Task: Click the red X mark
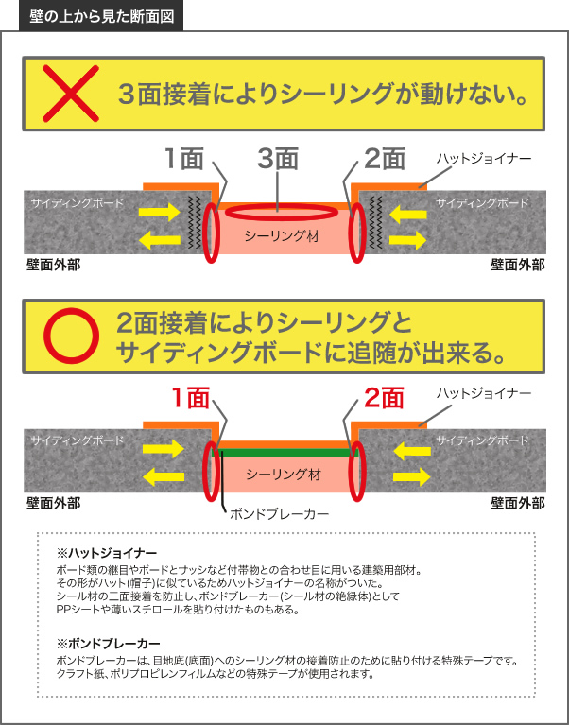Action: tap(71, 94)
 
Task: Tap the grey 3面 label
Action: tap(278, 159)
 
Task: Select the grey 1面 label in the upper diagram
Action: tap(184, 159)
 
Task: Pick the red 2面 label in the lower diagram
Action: tap(384, 398)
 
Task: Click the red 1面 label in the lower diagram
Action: tap(190, 398)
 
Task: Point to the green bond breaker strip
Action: tap(284, 453)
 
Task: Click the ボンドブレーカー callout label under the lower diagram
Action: tap(279, 513)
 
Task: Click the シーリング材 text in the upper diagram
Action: tap(282, 236)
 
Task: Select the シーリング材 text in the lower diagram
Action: tap(283, 475)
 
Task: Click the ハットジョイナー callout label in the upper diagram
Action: tap(484, 159)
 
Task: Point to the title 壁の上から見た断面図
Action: tap(101, 16)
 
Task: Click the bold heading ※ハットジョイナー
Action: tap(107, 553)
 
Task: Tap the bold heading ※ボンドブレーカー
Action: tap(109, 643)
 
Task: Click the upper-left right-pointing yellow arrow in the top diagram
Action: tap(160, 213)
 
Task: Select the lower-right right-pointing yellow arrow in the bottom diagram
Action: tap(411, 476)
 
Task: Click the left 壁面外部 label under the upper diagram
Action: tap(53, 266)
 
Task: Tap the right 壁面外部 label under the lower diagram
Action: tap(518, 503)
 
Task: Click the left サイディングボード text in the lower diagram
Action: tap(78, 440)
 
